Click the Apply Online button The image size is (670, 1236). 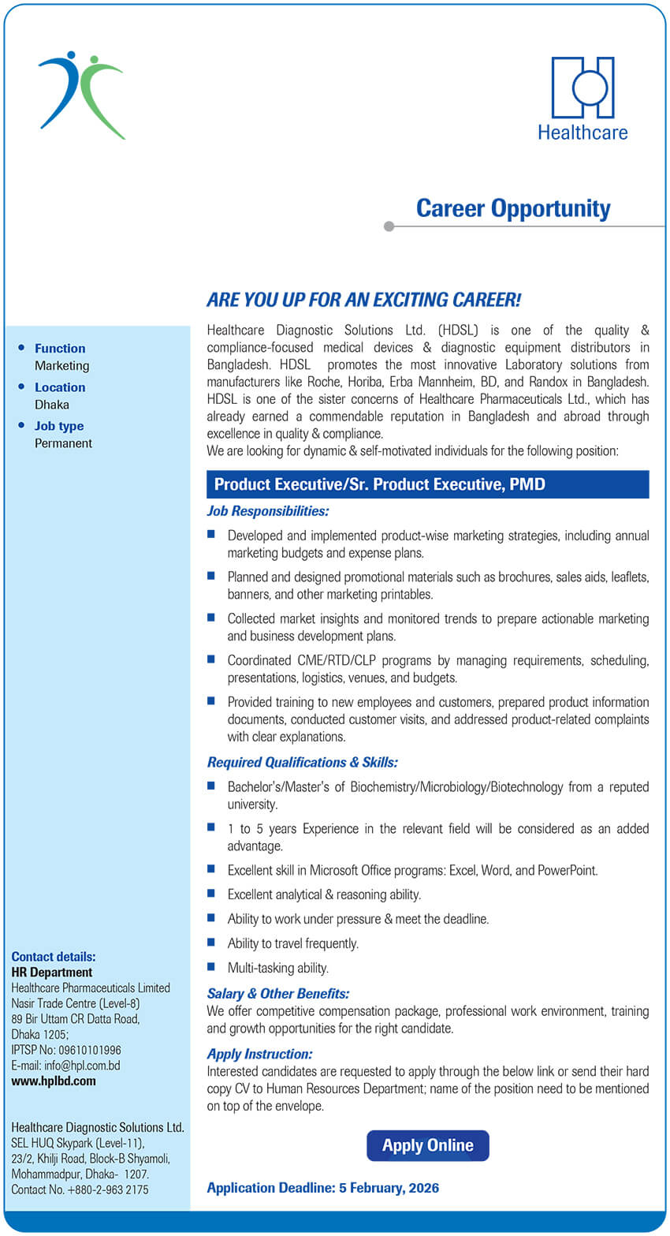(427, 1145)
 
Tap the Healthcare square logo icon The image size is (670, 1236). (583, 88)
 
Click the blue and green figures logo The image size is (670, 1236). (81, 95)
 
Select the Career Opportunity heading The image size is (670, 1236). (513, 208)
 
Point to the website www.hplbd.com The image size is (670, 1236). (54, 1081)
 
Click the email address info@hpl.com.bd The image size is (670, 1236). (82, 1066)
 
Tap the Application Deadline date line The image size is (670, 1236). (323, 1188)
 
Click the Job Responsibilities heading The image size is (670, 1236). (268, 511)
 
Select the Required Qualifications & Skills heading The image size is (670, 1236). (302, 762)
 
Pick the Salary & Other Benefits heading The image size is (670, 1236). (277, 994)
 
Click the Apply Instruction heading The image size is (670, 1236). (259, 1054)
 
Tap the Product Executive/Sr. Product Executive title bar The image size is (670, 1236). (428, 484)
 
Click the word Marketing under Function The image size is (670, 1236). (61, 366)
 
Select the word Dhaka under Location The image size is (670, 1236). (52, 405)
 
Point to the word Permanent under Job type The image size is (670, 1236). (63, 443)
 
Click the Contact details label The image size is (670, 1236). (54, 957)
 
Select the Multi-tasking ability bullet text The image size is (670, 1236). (277, 968)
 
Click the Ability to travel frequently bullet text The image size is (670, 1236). (292, 943)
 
